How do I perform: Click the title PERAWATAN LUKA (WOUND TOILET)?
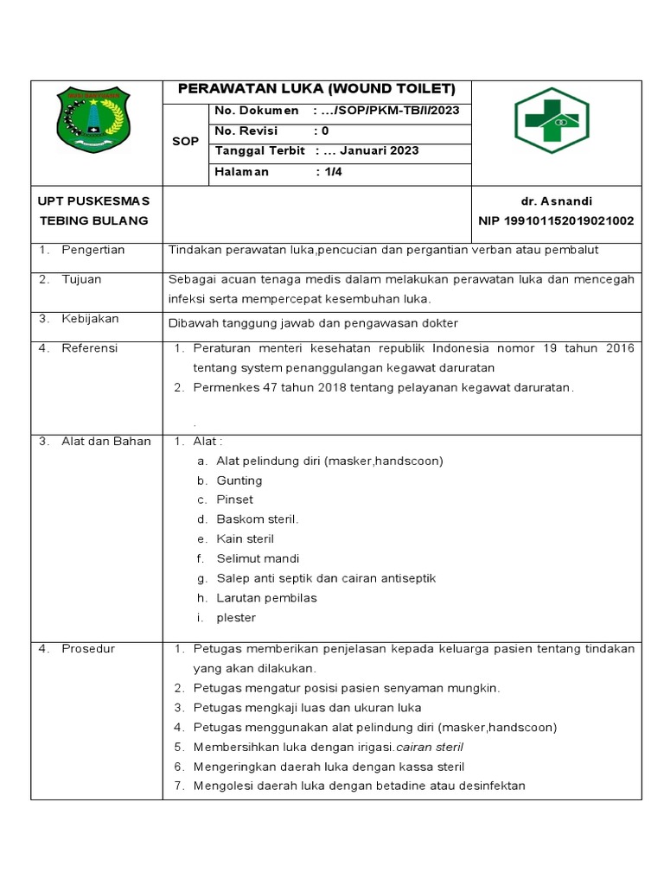pos(316,90)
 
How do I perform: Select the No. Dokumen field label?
pos(256,111)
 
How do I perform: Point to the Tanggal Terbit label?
pos(259,150)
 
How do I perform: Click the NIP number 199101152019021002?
pos(556,220)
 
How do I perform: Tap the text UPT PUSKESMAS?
pos(93,201)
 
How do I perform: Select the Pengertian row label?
pos(93,250)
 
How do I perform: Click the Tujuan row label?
pos(81,279)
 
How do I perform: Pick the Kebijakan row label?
pos(90,319)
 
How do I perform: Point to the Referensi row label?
pos(89,348)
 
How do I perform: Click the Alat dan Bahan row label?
pos(105,442)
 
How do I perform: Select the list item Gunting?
pos(239,481)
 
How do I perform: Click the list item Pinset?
pos(234,500)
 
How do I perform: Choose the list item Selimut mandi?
pos(258,558)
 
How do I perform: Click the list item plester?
pos(236,618)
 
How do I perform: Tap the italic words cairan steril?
pos(427,747)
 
